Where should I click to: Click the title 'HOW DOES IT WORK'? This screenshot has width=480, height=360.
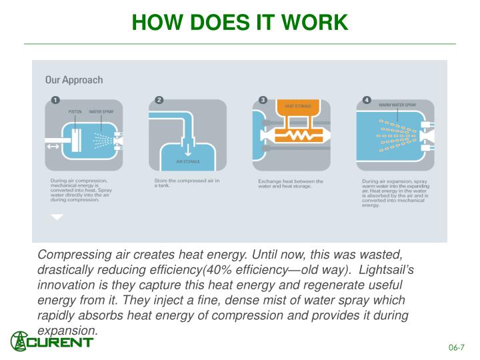point(240,22)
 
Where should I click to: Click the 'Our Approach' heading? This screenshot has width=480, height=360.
point(74,80)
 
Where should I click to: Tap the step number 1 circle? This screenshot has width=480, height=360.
point(55,100)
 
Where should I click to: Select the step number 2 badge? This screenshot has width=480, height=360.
point(159,100)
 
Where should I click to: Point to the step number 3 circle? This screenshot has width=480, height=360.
point(263,100)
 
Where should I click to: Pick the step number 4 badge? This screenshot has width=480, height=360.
point(367,100)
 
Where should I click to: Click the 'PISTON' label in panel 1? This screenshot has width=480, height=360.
point(75,112)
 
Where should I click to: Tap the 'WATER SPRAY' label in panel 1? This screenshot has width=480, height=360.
point(102,112)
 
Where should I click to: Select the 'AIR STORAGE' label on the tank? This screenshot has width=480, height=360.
point(187,162)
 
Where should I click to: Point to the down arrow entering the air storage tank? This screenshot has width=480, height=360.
point(187,147)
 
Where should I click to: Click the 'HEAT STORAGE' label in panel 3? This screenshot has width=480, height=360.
point(298,106)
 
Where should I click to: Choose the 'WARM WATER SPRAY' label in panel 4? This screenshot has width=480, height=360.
point(397,105)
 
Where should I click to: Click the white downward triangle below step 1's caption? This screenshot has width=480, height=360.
point(57,217)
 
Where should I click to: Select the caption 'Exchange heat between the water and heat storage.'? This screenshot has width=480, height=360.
point(291,183)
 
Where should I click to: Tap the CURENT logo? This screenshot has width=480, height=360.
point(52,341)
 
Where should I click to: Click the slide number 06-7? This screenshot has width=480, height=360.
point(457,347)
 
